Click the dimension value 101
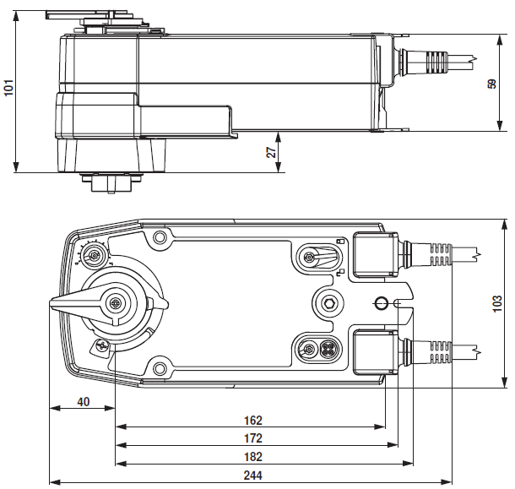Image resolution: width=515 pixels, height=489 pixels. pyautogui.click(x=8, y=88)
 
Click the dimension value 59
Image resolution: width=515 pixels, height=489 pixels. pyautogui.click(x=492, y=84)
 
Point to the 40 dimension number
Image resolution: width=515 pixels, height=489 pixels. pyautogui.click(x=83, y=401)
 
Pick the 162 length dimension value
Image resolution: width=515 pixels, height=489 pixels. pyautogui.click(x=252, y=420)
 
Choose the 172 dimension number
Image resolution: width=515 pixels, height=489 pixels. pyautogui.click(x=252, y=438)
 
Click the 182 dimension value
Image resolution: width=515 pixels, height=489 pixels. pyautogui.click(x=252, y=457)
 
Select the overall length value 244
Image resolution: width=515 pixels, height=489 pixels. pyautogui.click(x=252, y=476)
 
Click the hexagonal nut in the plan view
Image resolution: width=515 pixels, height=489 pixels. pyautogui.click(x=328, y=302)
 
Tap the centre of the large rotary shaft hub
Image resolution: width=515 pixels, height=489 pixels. pyautogui.click(x=114, y=304)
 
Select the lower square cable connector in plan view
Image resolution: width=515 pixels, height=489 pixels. pyautogui.click(x=371, y=350)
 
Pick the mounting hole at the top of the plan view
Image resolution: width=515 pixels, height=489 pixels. pyautogui.click(x=158, y=240)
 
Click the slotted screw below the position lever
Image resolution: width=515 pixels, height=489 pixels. pyautogui.click(x=101, y=345)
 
